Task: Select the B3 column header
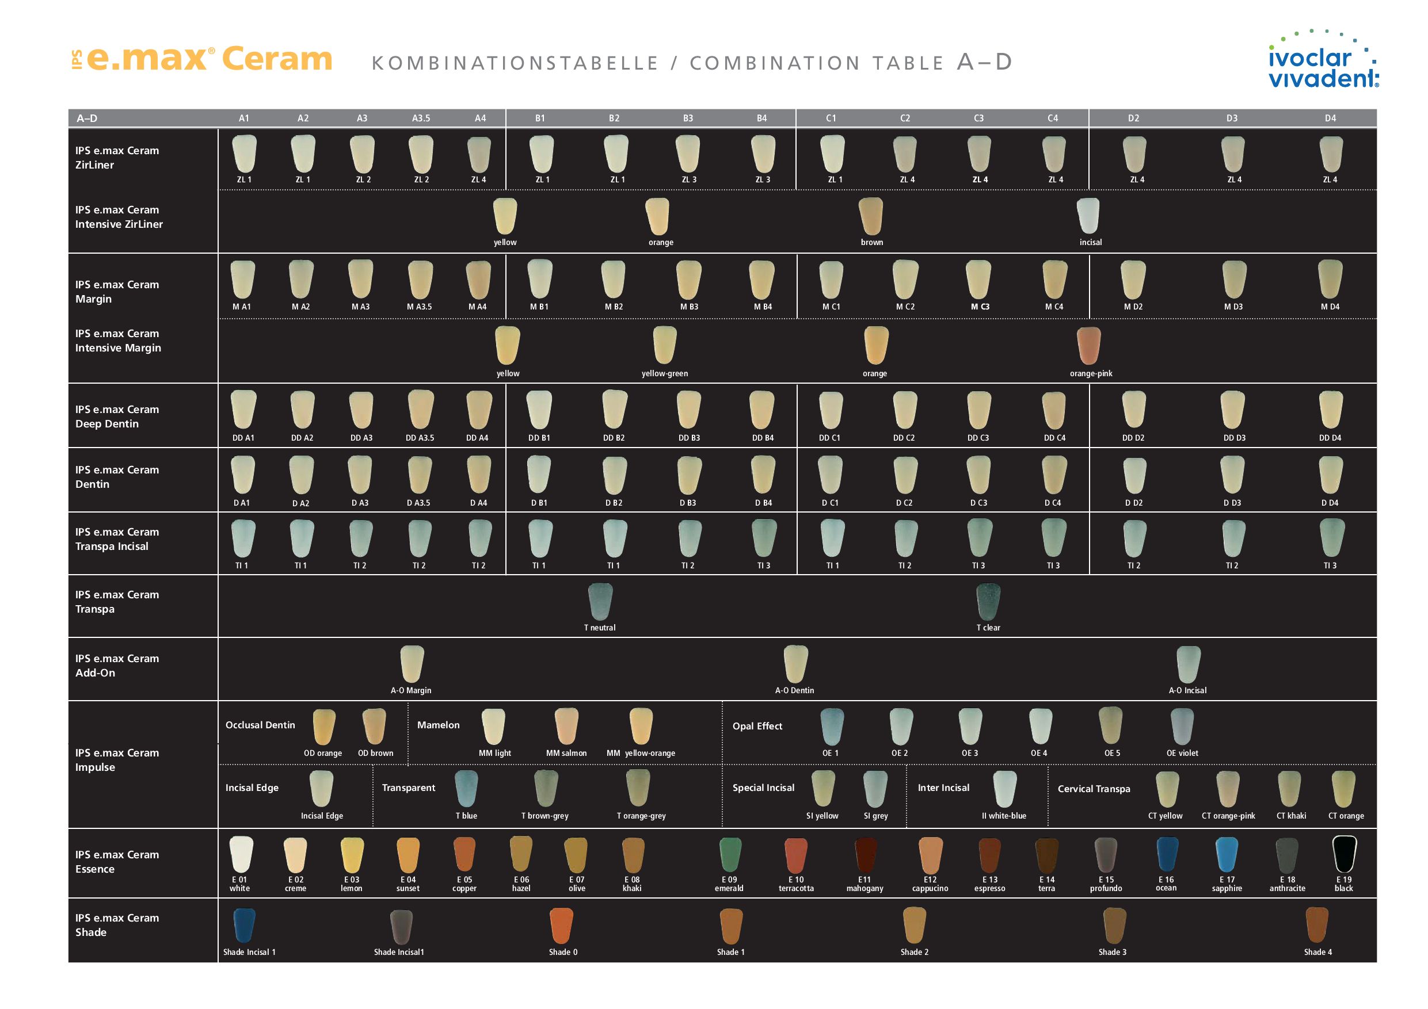[x=688, y=118]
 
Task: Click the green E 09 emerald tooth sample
[x=730, y=855]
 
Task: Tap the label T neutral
[x=600, y=628]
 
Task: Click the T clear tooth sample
[x=988, y=602]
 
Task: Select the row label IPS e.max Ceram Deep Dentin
[x=117, y=416]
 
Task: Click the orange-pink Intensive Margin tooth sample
[x=1089, y=346]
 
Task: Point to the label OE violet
[x=1182, y=753]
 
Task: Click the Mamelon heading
[x=439, y=725]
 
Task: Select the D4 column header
[x=1330, y=118]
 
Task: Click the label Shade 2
[x=914, y=952]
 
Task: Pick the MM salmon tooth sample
[x=566, y=726]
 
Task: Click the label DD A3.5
[x=420, y=438]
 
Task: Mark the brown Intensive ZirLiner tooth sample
[x=871, y=216]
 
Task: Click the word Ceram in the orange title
[x=277, y=59]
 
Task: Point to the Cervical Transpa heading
[x=1094, y=789]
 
